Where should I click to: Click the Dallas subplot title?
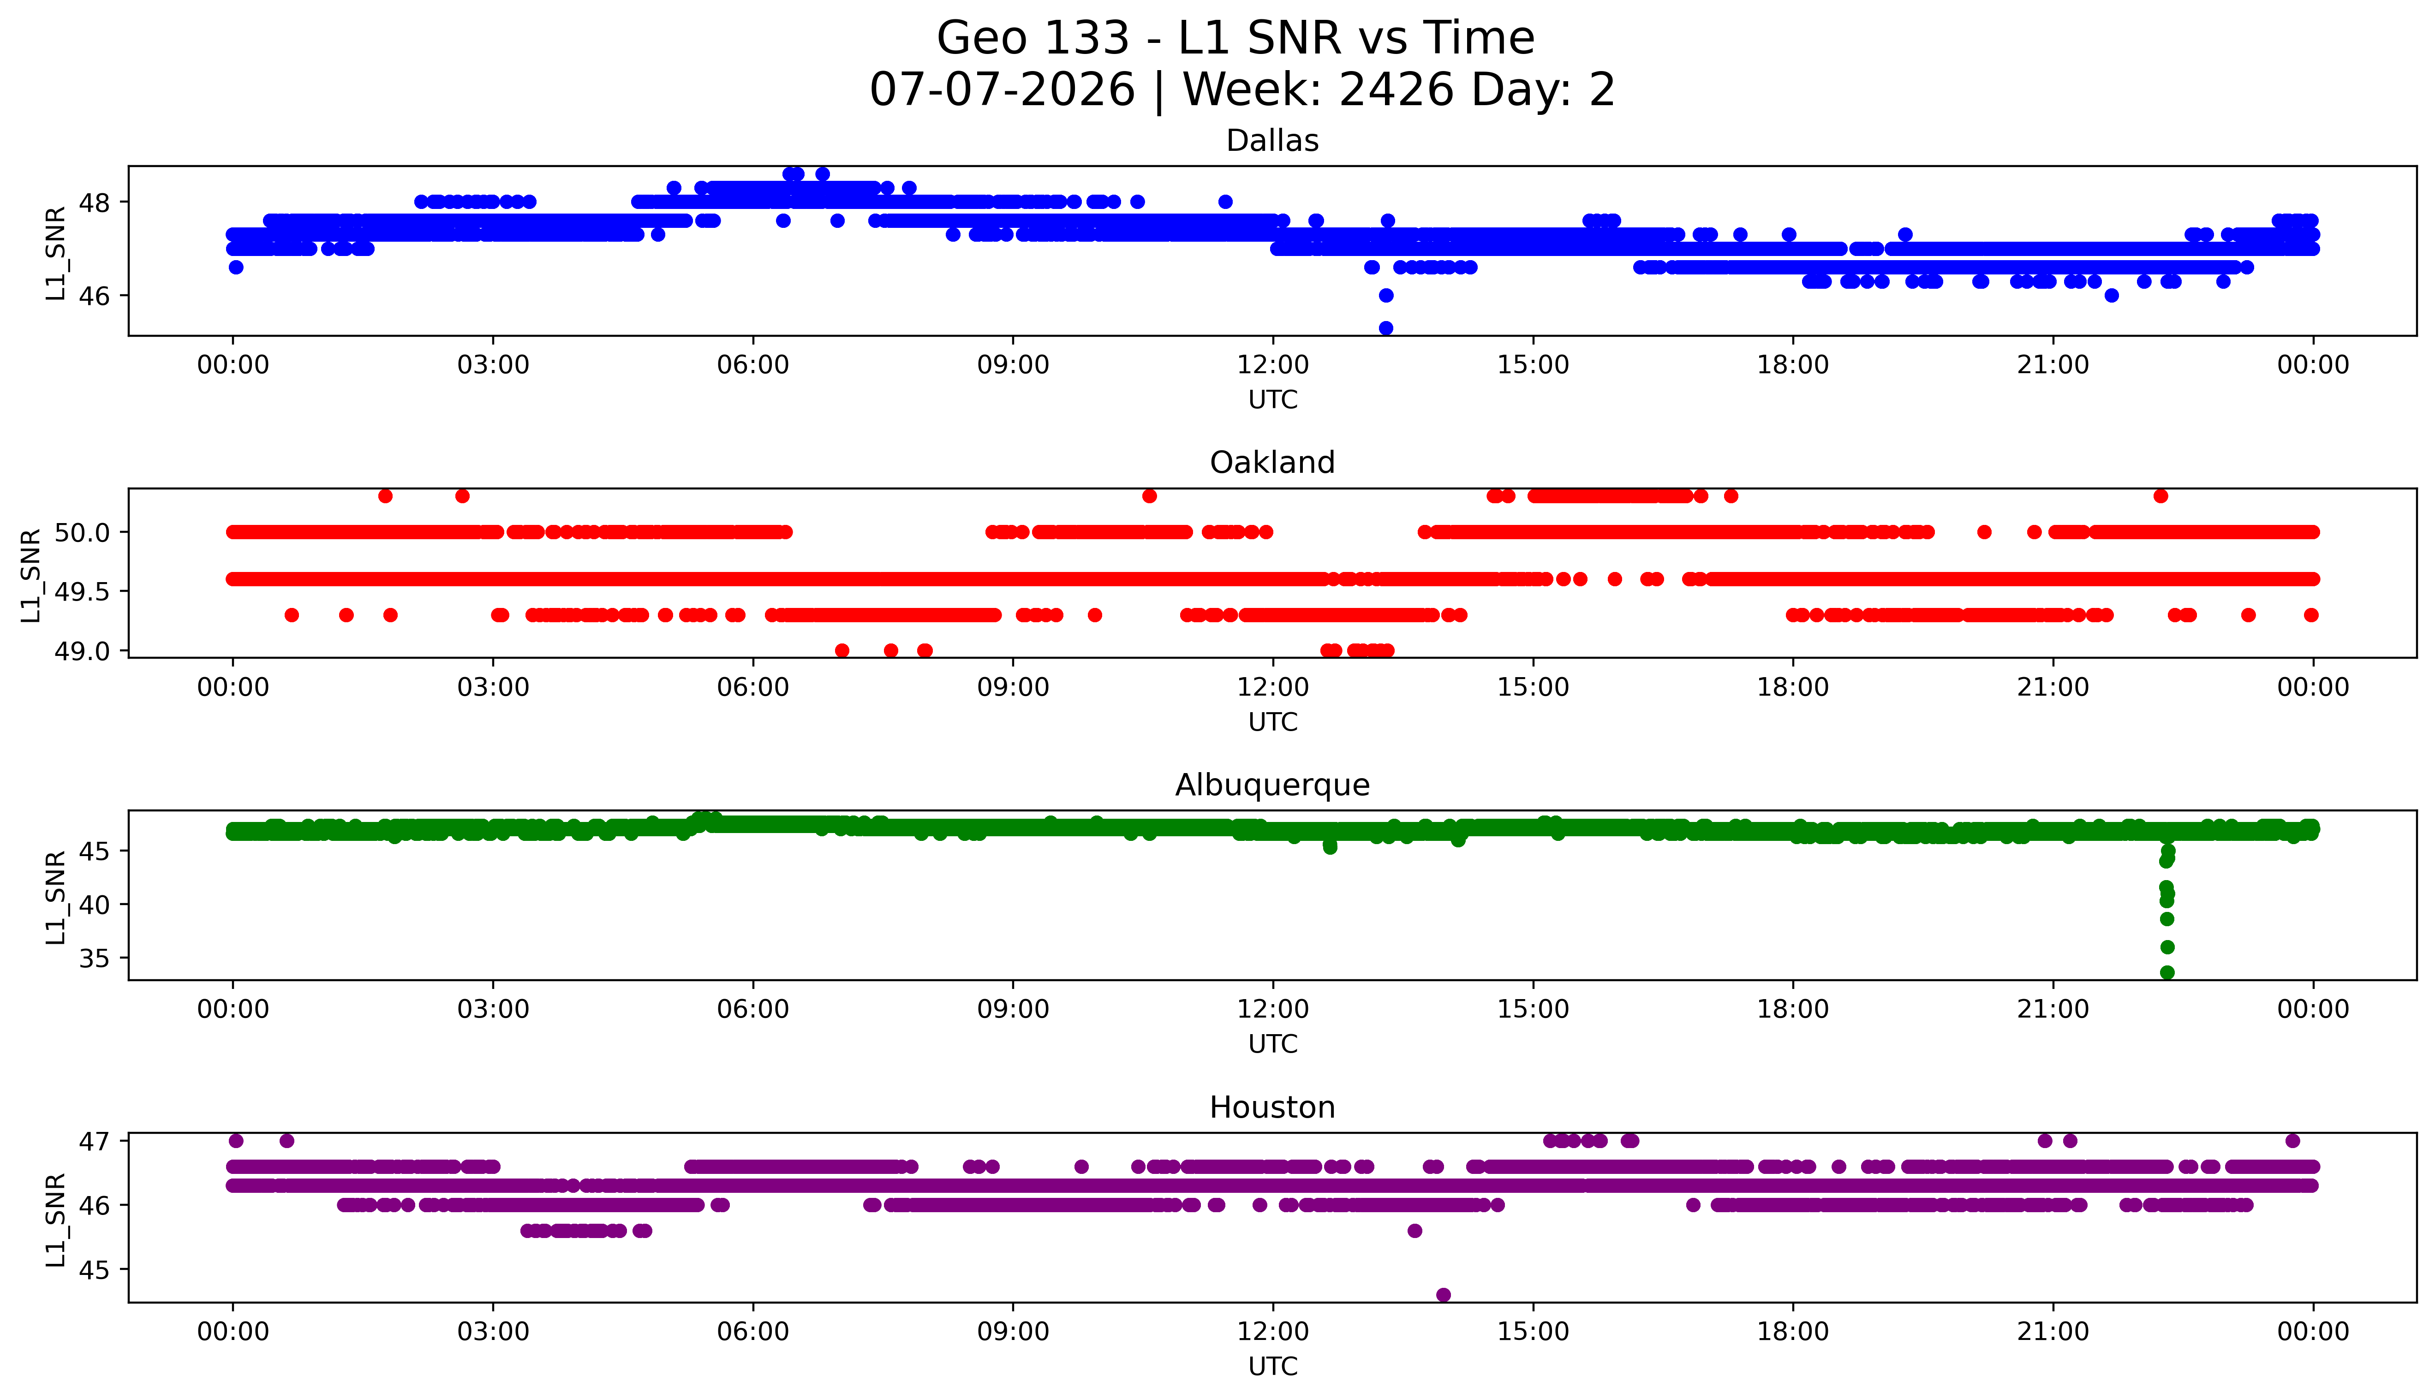coord(1272,141)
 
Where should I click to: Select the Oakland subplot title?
coord(1272,463)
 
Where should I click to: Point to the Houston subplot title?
coord(1272,1108)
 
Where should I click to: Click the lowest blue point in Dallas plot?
coord(1386,327)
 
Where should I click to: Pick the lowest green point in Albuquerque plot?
coord(2167,972)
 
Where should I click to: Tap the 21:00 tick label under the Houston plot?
coord(2053,1332)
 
